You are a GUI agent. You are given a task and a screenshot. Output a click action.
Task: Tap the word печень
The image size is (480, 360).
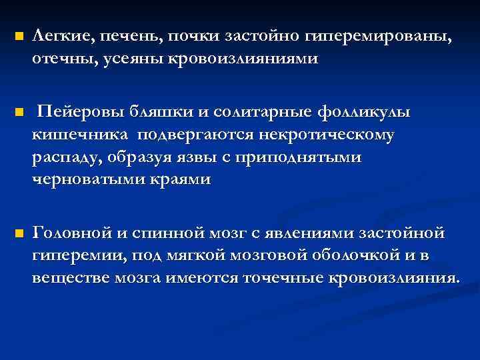[x=127, y=37]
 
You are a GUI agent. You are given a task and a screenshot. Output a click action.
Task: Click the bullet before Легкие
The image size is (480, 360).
[x=18, y=36]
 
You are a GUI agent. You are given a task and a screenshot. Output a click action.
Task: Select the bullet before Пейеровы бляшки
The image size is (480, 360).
[x=18, y=112]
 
